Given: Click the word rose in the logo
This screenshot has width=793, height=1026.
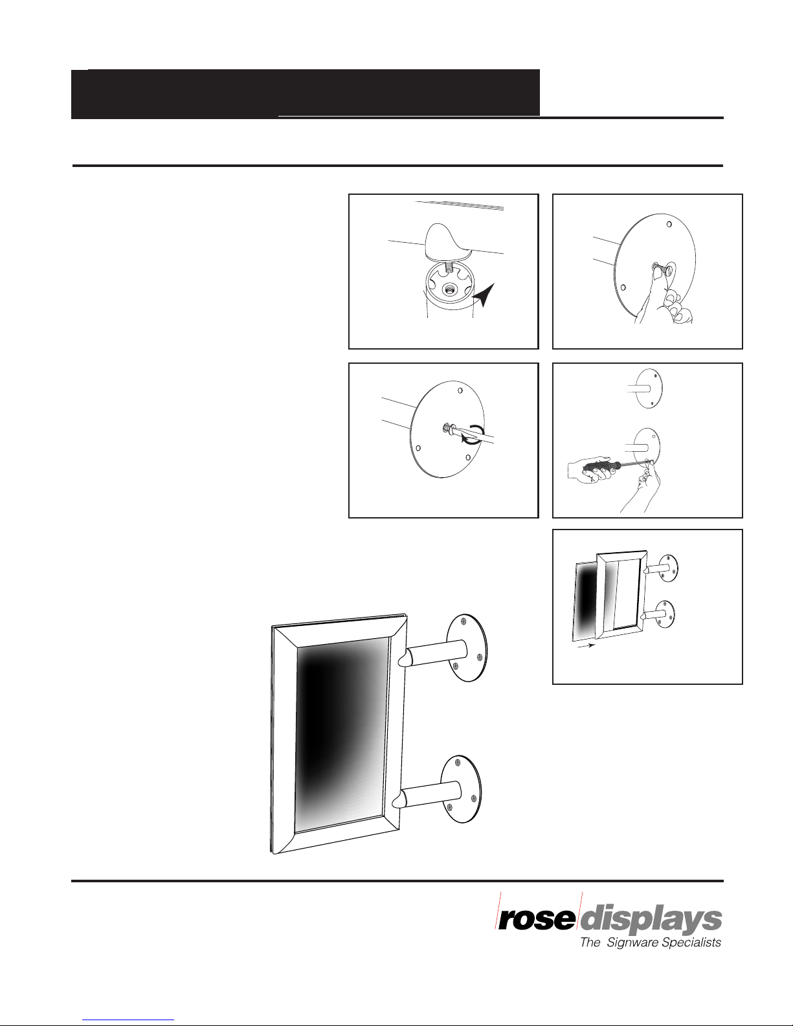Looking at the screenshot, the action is click(537, 919).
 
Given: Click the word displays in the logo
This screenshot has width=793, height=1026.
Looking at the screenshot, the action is click(651, 921).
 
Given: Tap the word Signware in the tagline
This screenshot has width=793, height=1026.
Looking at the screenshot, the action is click(632, 943).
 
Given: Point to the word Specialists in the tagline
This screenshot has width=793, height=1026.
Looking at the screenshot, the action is click(691, 942).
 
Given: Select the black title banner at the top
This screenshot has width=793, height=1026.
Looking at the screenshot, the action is click(306, 93).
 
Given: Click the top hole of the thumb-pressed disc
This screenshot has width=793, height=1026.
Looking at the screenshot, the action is click(669, 224).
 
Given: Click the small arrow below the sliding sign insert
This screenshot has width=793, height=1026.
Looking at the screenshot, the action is click(586, 646).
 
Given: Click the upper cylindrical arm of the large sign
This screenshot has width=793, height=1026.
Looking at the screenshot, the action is click(434, 653).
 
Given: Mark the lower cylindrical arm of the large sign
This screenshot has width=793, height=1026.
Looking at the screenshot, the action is click(428, 795).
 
